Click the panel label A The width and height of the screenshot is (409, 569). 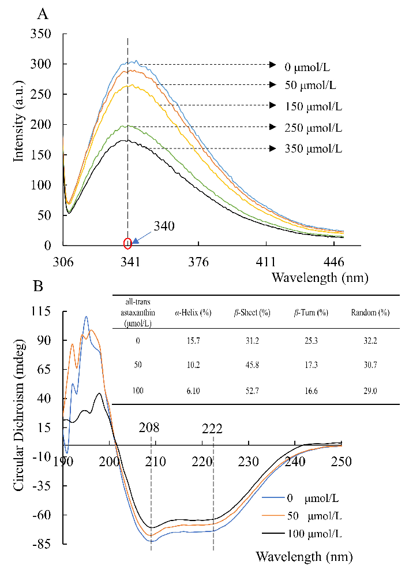point(42,14)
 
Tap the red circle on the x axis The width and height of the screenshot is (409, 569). point(127,243)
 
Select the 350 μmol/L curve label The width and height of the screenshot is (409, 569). point(313,149)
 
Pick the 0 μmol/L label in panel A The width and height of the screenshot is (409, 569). point(309,66)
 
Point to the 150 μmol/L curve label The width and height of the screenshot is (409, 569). point(313,106)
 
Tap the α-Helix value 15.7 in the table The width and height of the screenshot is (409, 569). point(193,341)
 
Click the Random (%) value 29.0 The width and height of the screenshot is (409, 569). point(370,392)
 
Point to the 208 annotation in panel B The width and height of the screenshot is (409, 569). point(149,427)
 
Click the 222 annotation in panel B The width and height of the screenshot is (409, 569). point(212,429)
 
